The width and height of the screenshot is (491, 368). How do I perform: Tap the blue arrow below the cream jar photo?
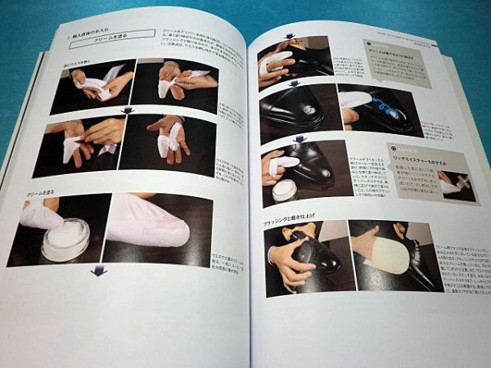(99, 271)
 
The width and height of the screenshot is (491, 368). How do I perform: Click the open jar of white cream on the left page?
(65, 239)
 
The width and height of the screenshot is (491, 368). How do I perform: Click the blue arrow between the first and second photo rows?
(126, 110)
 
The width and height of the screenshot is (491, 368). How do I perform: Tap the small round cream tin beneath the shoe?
(286, 191)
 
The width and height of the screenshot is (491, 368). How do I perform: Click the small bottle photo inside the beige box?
(457, 185)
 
